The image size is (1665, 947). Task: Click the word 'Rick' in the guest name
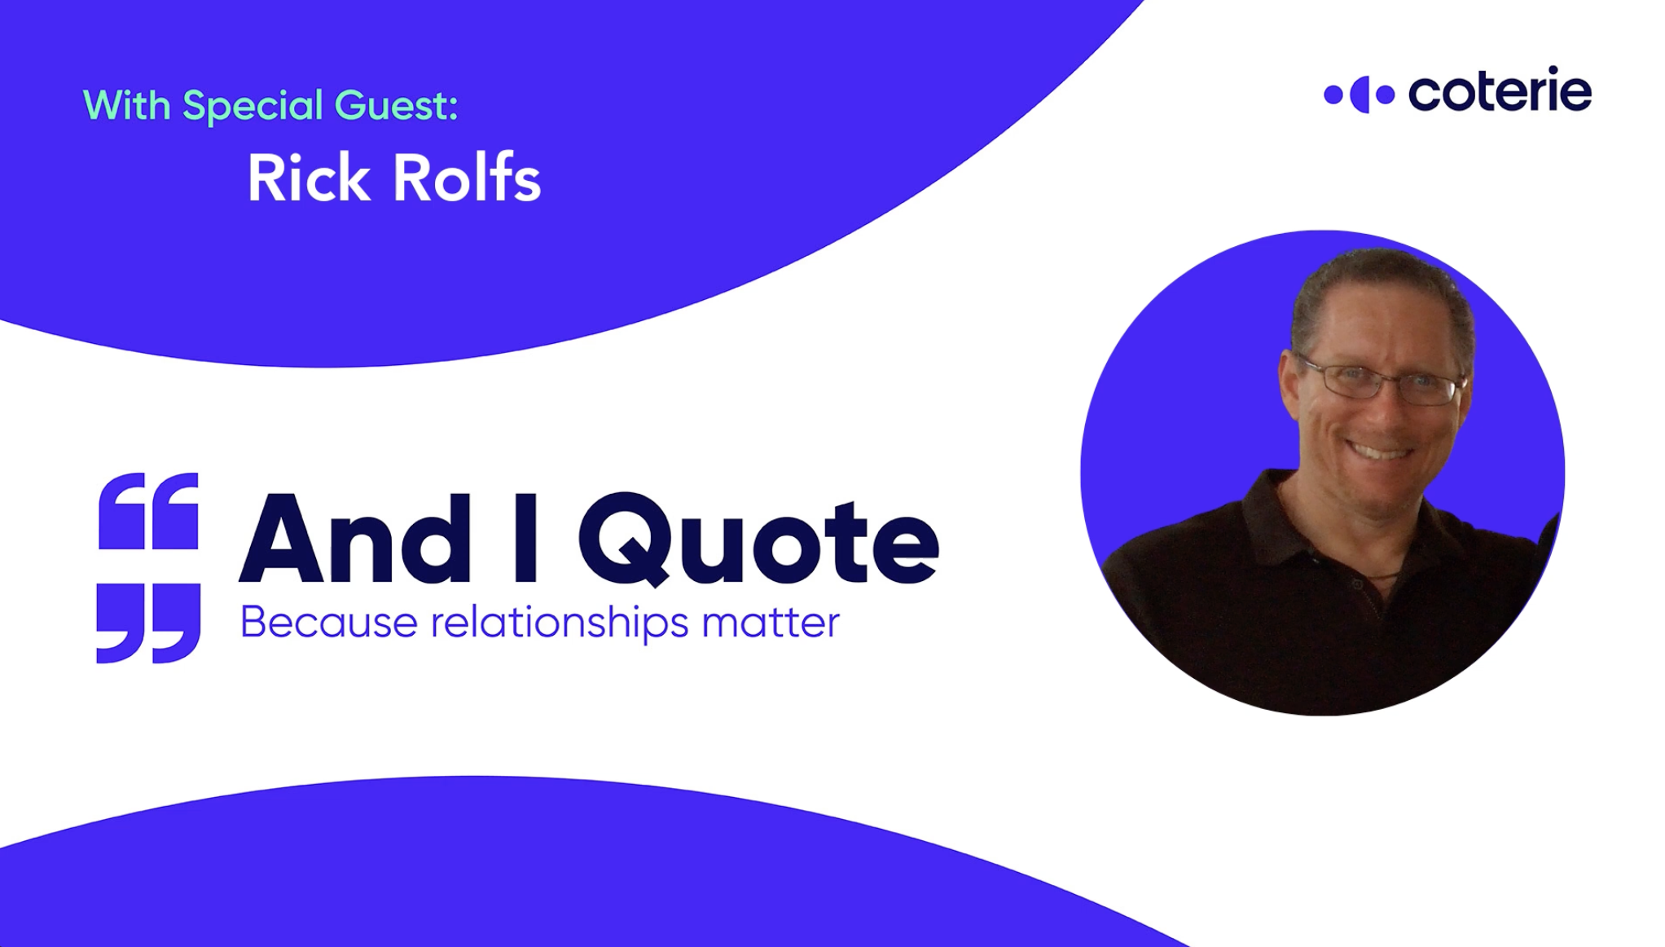click(x=308, y=178)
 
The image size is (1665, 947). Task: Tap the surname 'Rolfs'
click(x=468, y=178)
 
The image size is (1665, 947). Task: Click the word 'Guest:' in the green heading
click(x=396, y=105)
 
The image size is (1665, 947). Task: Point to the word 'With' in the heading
click(x=127, y=105)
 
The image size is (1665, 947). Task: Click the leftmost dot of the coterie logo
click(x=1333, y=95)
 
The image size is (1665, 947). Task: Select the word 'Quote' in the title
click(x=758, y=540)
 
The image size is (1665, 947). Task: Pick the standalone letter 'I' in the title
click(x=525, y=539)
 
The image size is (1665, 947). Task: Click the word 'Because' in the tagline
click(x=329, y=623)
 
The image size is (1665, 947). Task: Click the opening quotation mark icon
click(x=148, y=510)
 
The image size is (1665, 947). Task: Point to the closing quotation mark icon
click(x=148, y=623)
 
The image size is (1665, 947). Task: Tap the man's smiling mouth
click(x=1377, y=449)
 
